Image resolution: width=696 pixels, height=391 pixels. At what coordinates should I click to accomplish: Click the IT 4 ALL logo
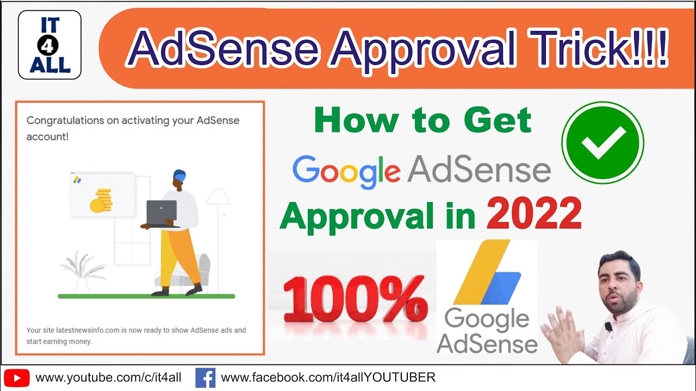tap(49, 45)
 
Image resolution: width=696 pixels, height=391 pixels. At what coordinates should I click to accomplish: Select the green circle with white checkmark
tap(602, 142)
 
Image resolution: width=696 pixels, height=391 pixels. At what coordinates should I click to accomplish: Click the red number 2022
tap(534, 216)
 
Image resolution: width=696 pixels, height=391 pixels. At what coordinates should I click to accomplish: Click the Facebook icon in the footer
tap(206, 377)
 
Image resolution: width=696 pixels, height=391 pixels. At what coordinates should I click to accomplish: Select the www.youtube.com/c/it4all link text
tap(108, 377)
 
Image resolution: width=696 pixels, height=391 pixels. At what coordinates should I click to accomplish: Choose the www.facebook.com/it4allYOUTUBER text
tap(328, 377)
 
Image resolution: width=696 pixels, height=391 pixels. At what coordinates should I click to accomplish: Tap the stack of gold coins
tap(101, 200)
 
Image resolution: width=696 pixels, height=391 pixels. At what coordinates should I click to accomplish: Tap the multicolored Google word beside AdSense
tap(346, 171)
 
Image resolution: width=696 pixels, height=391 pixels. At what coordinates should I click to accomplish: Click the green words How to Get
tap(423, 121)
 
